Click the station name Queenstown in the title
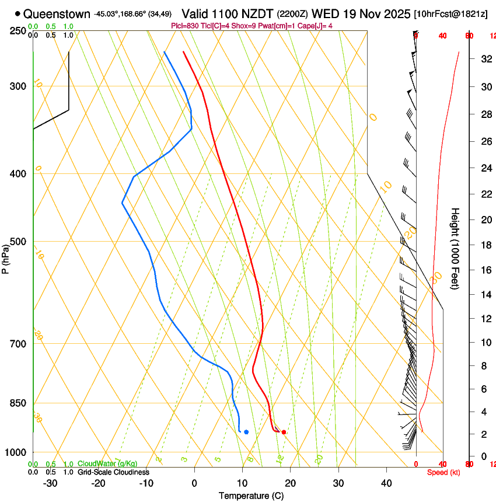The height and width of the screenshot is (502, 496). [x=57, y=14]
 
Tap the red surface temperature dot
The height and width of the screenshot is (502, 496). [x=284, y=432]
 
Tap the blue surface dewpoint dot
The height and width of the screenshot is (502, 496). [x=246, y=432]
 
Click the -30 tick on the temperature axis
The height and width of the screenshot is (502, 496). [x=50, y=483]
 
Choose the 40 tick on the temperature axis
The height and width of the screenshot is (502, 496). [x=386, y=483]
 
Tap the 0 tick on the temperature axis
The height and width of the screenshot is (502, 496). [x=194, y=483]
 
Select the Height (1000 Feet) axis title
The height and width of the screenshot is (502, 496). [x=455, y=248]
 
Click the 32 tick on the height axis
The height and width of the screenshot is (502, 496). [x=485, y=59]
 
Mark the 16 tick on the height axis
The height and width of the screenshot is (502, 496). [x=485, y=270]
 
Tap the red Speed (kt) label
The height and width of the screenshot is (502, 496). [x=443, y=472]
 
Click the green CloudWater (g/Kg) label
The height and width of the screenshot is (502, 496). [x=106, y=464]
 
